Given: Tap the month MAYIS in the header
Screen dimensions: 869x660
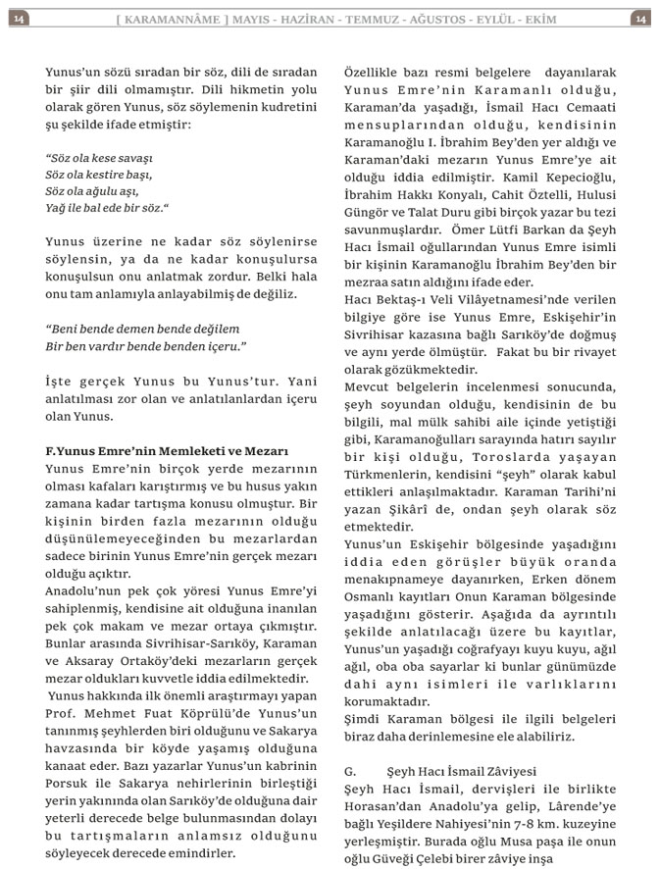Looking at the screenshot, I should (253, 19).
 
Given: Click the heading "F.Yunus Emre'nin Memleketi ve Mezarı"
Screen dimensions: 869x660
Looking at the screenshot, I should (167, 451).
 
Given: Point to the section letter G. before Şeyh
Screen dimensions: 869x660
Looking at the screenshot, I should (351, 772).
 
